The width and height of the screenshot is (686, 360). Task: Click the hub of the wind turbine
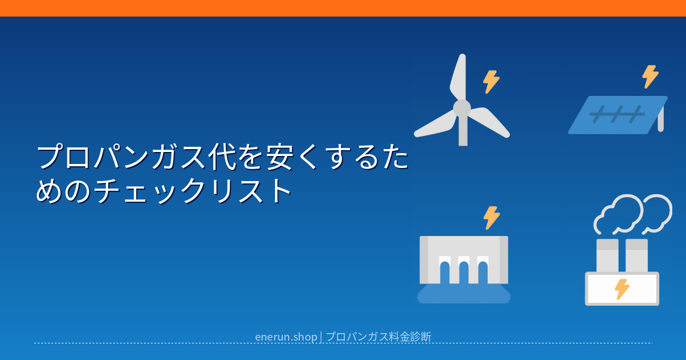[462, 108]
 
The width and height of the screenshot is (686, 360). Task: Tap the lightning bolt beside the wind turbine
[491, 82]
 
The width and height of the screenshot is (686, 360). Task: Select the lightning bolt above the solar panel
[650, 77]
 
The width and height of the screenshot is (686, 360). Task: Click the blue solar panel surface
[617, 115]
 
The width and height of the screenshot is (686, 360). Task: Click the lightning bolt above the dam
[492, 218]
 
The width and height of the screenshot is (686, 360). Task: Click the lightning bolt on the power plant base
[622, 289]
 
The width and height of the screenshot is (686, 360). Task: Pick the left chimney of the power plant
[607, 255]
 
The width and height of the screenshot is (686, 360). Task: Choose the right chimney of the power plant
[636, 255]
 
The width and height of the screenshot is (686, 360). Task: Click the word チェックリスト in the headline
[192, 191]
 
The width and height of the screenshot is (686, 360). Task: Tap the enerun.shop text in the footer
[286, 337]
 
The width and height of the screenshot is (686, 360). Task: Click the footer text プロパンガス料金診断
[378, 337]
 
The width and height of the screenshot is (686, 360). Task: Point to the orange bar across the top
[343, 8]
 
